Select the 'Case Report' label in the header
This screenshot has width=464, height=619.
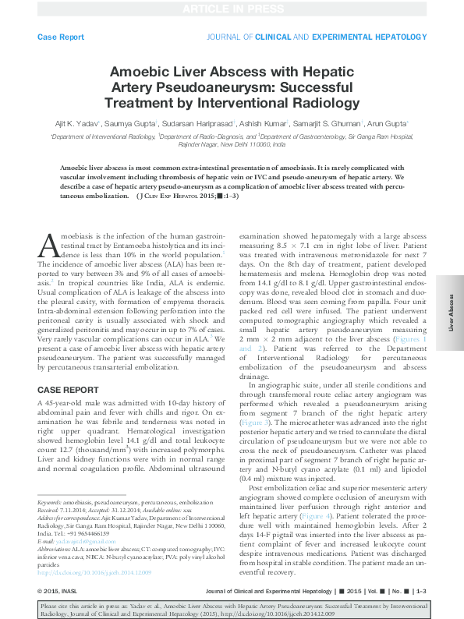(x=61, y=37)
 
